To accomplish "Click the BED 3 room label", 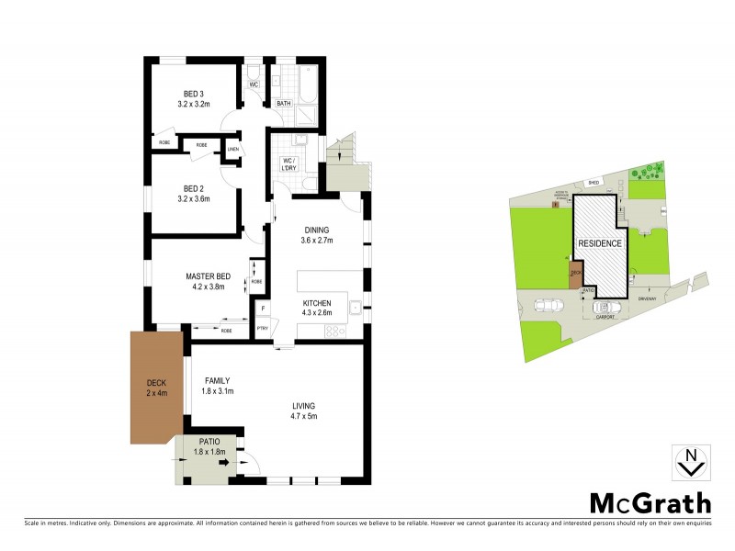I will click(x=194, y=94).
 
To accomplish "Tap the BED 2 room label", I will click(x=194, y=188).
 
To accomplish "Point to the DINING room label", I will click(x=314, y=230).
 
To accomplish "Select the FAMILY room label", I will click(x=217, y=380).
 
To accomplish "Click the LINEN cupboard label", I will click(x=232, y=149).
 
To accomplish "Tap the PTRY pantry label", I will click(x=263, y=326).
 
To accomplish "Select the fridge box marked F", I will click(x=263, y=308).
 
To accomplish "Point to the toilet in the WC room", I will click(x=254, y=72).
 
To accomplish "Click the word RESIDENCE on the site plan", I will click(x=599, y=243).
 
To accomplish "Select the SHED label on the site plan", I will click(x=594, y=183).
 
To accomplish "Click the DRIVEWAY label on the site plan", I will click(x=648, y=296).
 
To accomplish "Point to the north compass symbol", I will click(x=690, y=463).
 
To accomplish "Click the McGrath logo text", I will click(x=649, y=503).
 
